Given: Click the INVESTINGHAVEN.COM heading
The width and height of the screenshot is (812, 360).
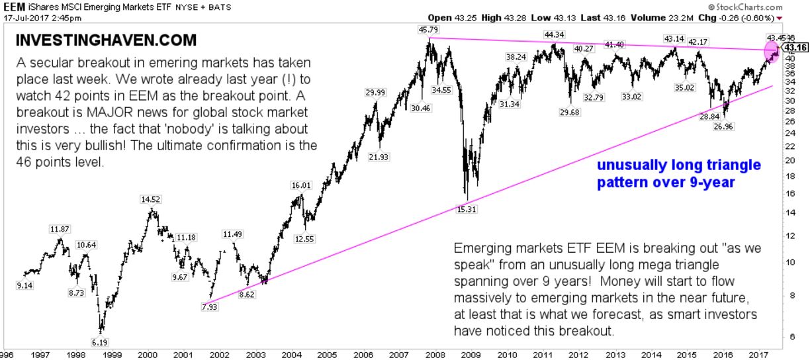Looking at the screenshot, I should click(106, 40).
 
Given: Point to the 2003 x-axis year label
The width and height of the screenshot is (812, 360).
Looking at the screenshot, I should click(255, 354).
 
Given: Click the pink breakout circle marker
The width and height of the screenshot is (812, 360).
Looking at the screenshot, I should click(772, 50).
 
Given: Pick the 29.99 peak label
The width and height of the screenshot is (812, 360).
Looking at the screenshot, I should click(375, 93).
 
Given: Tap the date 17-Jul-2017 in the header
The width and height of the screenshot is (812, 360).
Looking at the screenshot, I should click(26, 17).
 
